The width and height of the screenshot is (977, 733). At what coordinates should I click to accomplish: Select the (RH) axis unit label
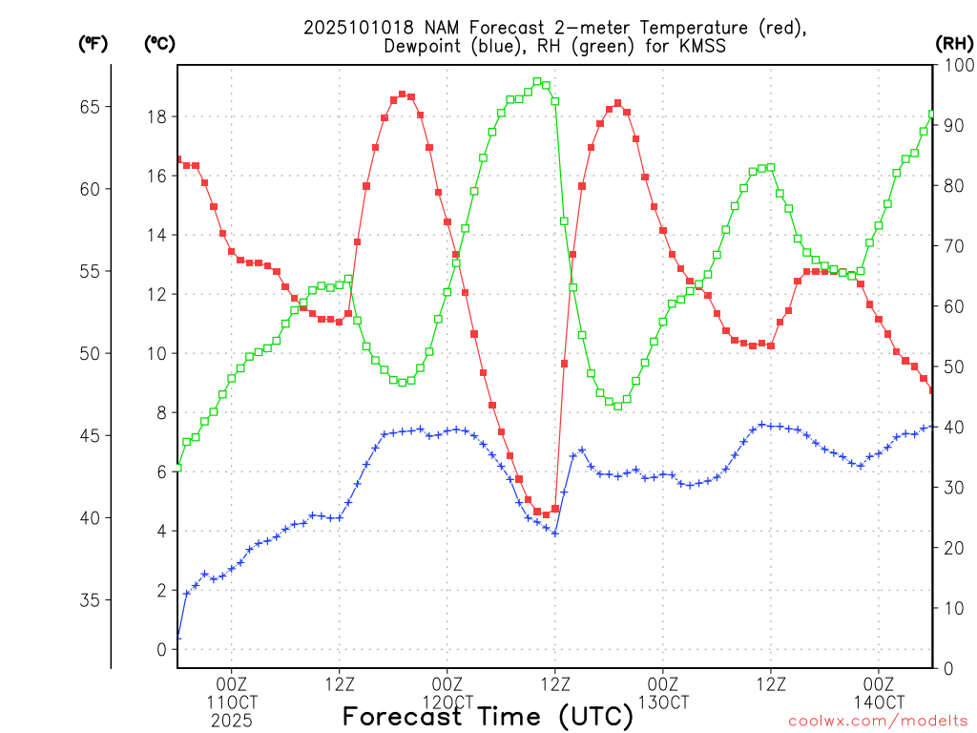pos(954,43)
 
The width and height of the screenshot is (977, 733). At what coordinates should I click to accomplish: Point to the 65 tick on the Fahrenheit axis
pos(92,107)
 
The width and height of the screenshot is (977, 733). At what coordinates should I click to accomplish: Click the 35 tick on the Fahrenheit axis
pos(92,600)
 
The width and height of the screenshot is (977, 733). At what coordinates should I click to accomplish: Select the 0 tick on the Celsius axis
pos(162,650)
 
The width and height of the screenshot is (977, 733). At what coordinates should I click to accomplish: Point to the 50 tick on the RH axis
pos(952,367)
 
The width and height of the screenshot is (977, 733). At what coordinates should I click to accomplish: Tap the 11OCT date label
pos(232,702)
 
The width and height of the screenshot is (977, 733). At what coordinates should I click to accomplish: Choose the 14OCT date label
pos(879,702)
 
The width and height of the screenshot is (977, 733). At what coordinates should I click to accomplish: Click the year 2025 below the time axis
pos(232,721)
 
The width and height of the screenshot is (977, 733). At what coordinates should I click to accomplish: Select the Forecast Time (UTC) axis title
pos(488,716)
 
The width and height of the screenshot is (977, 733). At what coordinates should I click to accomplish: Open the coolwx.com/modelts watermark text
pos(878,720)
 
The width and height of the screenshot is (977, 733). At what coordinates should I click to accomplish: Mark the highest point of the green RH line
pos(537,82)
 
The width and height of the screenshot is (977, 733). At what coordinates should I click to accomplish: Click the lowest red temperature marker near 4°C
pos(546,514)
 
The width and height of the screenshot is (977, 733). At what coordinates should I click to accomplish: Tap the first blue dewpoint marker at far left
pos(177,637)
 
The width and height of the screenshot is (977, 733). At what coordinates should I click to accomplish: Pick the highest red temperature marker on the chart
pos(402,94)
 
